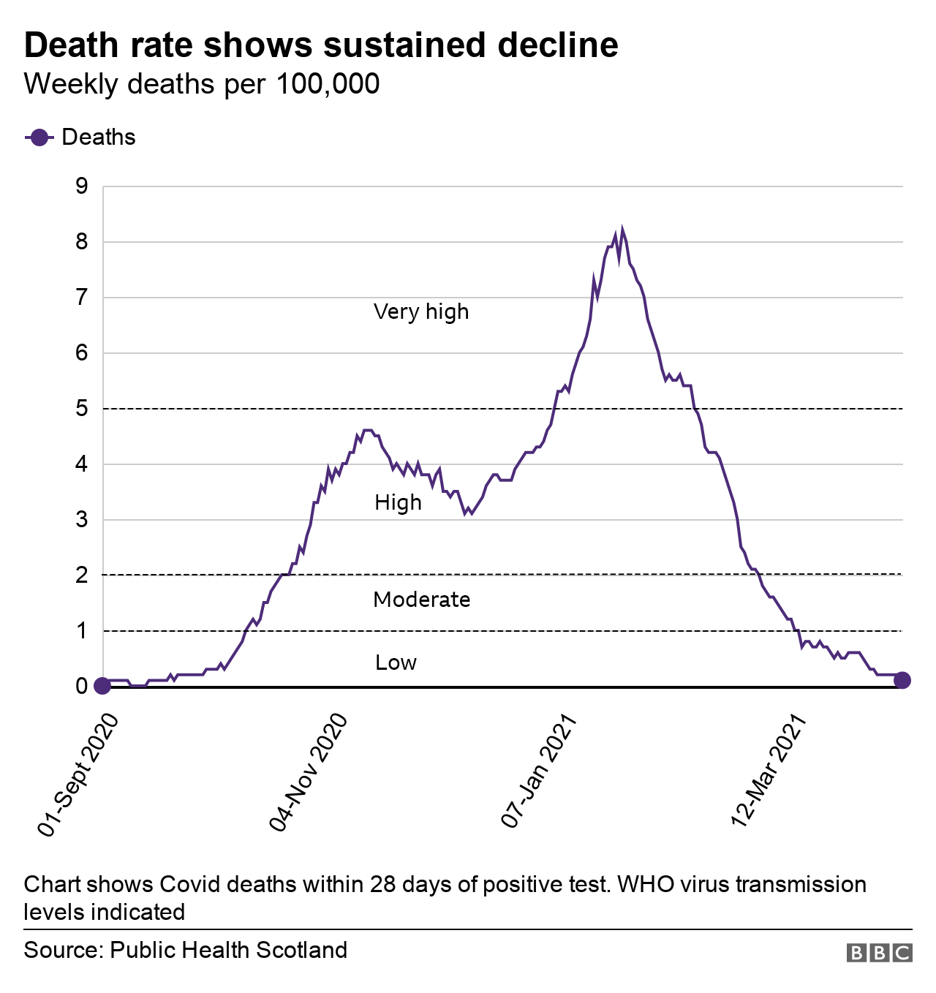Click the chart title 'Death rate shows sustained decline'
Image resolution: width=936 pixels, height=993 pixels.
coord(321,45)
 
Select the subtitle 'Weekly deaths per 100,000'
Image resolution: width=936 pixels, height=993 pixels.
coord(202,84)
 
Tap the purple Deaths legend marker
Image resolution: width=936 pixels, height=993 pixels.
coord(39,137)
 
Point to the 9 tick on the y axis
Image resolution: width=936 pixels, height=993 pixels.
coord(81,186)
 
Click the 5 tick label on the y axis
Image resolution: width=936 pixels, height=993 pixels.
coord(81,408)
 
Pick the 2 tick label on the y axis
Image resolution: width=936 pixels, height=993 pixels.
coord(81,575)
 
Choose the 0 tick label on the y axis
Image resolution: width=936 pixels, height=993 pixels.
coord(81,686)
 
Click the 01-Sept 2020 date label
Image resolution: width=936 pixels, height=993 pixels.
coord(78,774)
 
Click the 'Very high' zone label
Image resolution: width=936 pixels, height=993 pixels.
coord(421,312)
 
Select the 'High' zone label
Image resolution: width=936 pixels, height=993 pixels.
coord(398,502)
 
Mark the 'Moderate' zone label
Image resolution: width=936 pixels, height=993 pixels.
coord(421,600)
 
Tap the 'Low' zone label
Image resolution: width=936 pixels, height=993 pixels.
coord(396,662)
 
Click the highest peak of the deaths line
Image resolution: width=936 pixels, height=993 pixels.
coord(622,231)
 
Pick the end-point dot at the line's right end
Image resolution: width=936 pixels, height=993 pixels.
coord(902,680)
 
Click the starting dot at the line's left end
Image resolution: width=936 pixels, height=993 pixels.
coord(102,686)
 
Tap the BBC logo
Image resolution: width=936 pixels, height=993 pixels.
coord(879,953)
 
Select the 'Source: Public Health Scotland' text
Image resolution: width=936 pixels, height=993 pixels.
coord(186,950)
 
